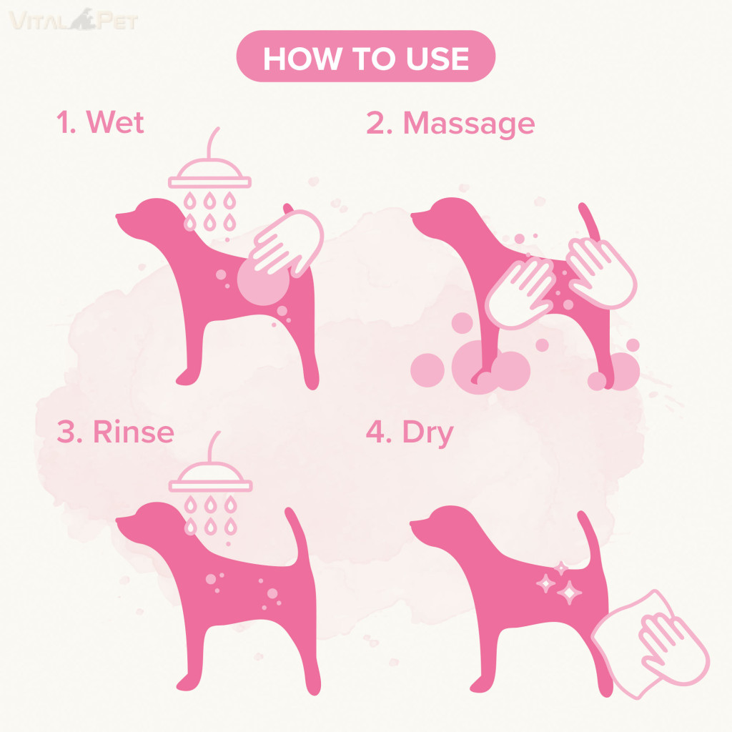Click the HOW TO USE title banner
[365, 56]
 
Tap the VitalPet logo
[74, 20]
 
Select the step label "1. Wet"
[100, 122]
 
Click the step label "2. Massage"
[450, 124]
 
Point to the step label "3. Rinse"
[115, 431]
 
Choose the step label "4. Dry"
[410, 432]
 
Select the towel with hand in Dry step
[651, 644]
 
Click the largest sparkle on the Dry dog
[569, 593]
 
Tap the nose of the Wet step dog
[117, 216]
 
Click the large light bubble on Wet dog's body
[263, 280]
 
